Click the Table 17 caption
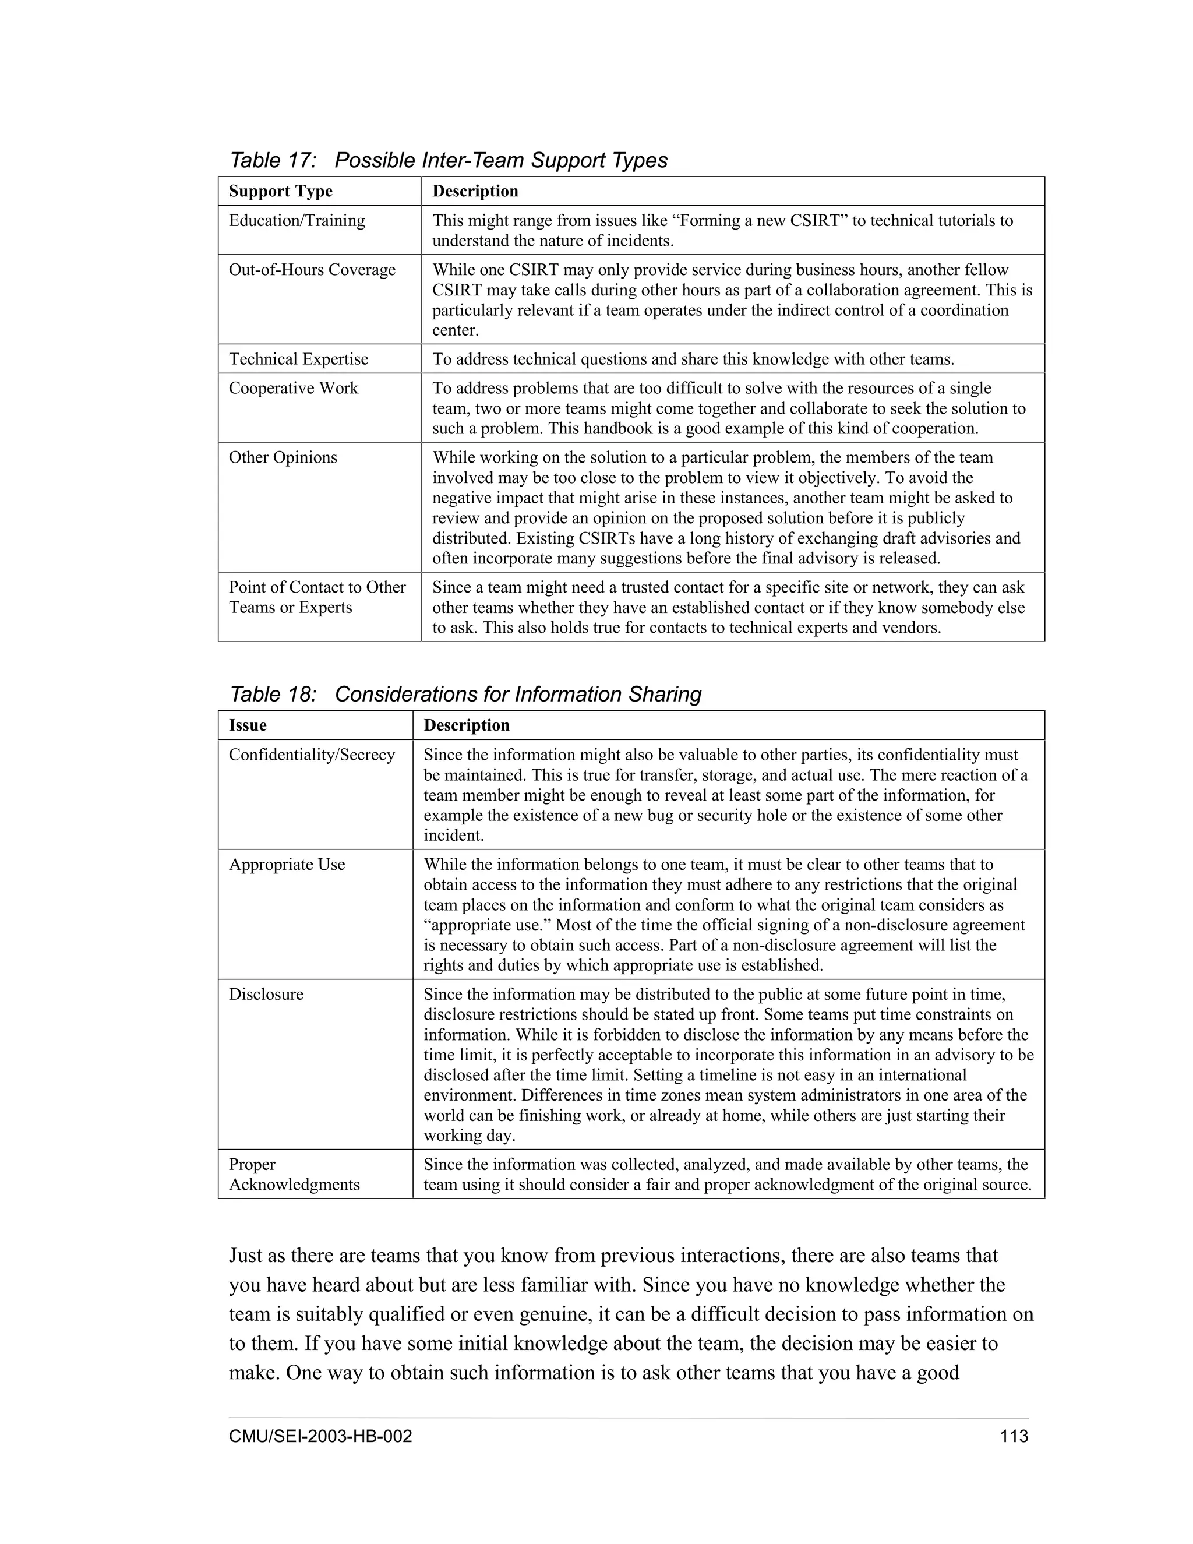pyautogui.click(x=448, y=160)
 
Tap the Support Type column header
pyautogui.click(x=281, y=191)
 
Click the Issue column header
pyautogui.click(x=248, y=725)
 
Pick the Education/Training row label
pyautogui.click(x=297, y=221)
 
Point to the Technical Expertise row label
pyautogui.click(x=298, y=359)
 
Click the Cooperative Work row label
pyautogui.click(x=294, y=388)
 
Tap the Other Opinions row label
pyautogui.click(x=283, y=457)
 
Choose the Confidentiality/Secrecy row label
pyautogui.click(x=312, y=755)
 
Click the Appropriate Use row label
pyautogui.click(x=287, y=864)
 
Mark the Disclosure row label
pyautogui.click(x=266, y=994)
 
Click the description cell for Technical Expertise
pyautogui.click(x=693, y=359)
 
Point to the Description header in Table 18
pyautogui.click(x=466, y=725)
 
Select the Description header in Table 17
pyautogui.click(x=475, y=191)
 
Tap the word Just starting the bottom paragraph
pyautogui.click(x=246, y=1256)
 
